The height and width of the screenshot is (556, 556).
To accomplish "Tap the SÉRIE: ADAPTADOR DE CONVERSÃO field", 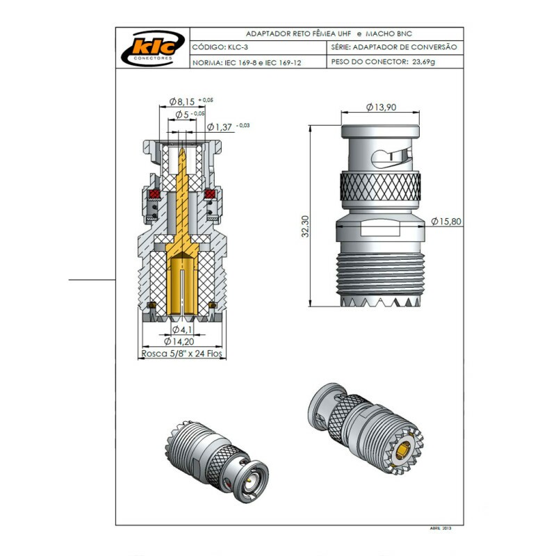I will click(x=394, y=47).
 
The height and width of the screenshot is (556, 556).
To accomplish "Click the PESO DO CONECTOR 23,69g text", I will click(x=384, y=62).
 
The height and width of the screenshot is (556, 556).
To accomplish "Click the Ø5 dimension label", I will click(x=183, y=113).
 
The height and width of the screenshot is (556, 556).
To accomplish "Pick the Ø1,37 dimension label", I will click(x=221, y=126).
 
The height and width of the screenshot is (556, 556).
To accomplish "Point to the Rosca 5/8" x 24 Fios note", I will click(x=181, y=353).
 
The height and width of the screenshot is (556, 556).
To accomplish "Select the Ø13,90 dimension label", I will click(x=382, y=107).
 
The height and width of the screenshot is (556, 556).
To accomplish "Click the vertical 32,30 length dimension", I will click(x=304, y=227).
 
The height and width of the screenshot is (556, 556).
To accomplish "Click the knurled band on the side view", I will click(x=380, y=188).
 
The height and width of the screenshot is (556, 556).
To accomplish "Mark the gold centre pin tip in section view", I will click(x=181, y=149).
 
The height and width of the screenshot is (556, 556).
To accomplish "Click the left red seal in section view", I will click(x=154, y=193).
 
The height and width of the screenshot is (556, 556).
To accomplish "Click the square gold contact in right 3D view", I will click(x=403, y=455).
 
